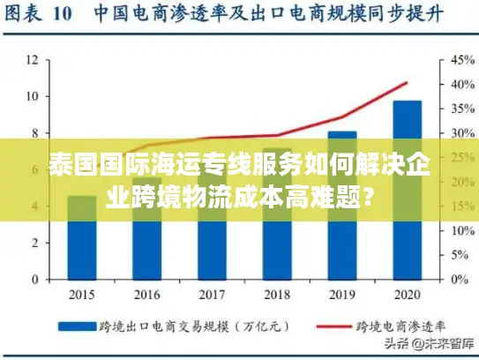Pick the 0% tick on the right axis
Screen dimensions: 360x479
tap(453, 280)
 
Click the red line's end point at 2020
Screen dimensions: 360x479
tap(407, 83)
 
